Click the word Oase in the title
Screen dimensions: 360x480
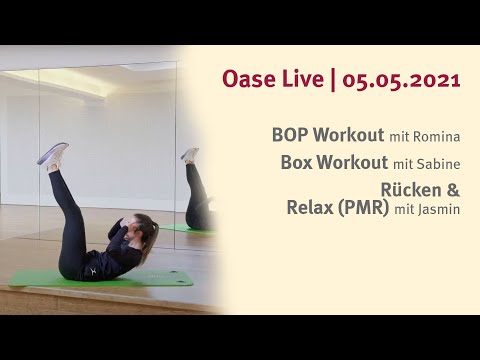(x=248, y=81)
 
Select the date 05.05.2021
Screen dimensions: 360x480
(x=401, y=81)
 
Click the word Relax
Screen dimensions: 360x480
(x=312, y=208)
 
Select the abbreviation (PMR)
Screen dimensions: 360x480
(x=365, y=208)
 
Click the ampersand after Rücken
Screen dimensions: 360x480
(x=453, y=189)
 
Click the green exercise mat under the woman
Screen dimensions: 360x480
(x=150, y=278)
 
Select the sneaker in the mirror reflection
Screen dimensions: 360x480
(x=190, y=155)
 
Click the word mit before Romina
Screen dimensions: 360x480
(x=401, y=134)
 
